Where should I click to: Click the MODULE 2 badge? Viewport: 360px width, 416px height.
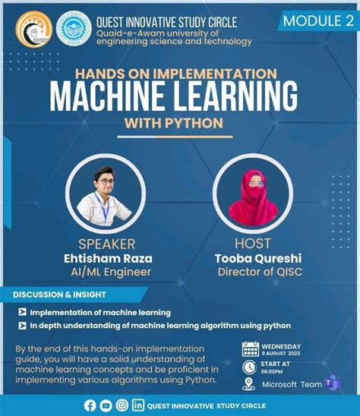pos(317,20)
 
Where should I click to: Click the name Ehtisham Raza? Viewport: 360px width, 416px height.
pos(109,259)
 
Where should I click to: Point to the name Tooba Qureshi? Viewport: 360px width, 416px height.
pos(254,258)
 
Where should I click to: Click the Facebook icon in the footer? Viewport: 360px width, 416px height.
pos(90,405)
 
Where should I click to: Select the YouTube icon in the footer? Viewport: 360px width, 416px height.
pos(106,405)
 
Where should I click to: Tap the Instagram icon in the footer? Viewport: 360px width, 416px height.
pos(122,405)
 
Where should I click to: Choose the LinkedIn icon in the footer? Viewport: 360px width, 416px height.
pos(138,405)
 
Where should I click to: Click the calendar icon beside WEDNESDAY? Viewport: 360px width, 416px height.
pos(250,349)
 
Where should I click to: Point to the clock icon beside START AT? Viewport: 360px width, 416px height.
pos(250,366)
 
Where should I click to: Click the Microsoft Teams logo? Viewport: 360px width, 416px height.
pos(330,383)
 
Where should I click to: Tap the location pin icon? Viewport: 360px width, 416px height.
pos(250,384)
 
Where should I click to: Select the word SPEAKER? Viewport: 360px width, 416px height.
pos(107,244)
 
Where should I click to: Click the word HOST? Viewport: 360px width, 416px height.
pos(253,244)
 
